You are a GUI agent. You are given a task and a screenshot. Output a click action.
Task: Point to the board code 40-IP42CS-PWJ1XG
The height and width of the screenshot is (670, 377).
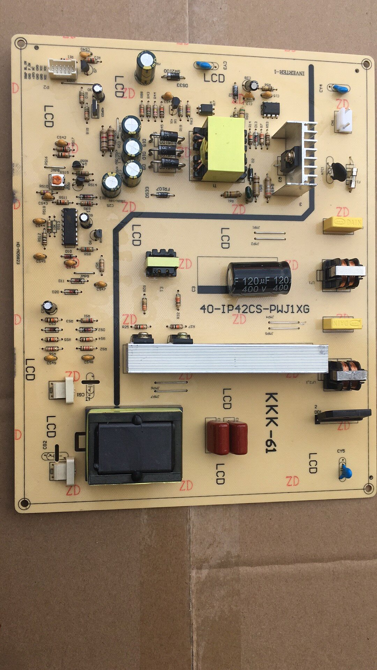point(254,309)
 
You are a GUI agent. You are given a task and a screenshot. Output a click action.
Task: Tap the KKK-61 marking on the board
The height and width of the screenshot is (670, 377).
point(271,422)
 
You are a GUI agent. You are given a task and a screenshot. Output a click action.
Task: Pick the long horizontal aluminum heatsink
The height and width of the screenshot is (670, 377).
point(227,358)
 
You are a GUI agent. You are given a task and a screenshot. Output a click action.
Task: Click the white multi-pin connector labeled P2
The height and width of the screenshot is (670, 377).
point(63,68)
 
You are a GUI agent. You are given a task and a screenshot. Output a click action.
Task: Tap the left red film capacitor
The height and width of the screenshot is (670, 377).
point(217,437)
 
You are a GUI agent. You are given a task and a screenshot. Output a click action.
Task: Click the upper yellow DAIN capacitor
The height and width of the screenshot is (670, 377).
point(342,224)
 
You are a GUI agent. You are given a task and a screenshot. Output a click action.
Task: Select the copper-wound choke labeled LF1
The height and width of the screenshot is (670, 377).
point(343,274)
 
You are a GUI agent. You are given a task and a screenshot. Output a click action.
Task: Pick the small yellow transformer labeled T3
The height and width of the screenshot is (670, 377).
point(161,262)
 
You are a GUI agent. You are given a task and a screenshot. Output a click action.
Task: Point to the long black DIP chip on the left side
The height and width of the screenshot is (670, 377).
point(69,226)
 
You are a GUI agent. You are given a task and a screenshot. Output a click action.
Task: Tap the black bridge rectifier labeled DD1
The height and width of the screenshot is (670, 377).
point(343,416)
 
